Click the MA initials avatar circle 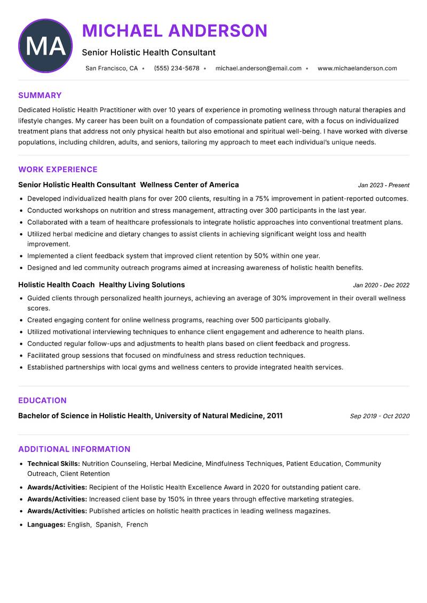click(x=45, y=46)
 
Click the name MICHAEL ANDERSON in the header click(x=175, y=30)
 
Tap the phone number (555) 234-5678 click(x=177, y=68)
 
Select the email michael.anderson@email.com click(x=258, y=68)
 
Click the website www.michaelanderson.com click(x=357, y=68)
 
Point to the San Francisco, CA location click(x=112, y=68)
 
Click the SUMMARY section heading click(x=40, y=96)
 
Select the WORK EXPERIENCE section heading click(x=58, y=170)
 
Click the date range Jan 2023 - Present click(x=383, y=185)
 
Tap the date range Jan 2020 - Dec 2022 click(x=381, y=285)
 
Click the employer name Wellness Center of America click(x=189, y=185)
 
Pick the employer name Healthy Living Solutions click(x=142, y=285)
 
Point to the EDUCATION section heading click(x=42, y=401)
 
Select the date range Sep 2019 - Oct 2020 click(x=379, y=416)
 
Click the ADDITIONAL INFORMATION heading click(x=74, y=449)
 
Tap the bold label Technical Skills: click(x=53, y=464)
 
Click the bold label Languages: click(x=46, y=525)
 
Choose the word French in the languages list click(x=137, y=525)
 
